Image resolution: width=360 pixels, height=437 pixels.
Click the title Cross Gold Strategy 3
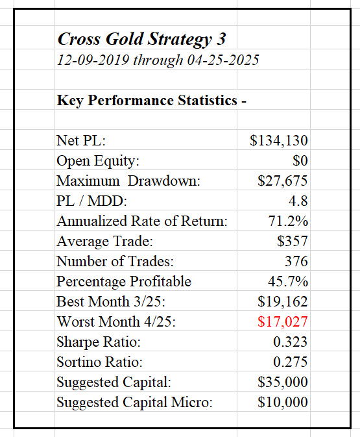pos(141,40)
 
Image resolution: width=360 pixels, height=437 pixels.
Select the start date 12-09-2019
pos(93,60)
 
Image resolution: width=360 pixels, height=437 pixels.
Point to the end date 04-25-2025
pos(223,60)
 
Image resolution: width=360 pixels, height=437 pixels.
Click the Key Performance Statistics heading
pos(152,101)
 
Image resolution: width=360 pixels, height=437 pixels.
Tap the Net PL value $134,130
pos(279,140)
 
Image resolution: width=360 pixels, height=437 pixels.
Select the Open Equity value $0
pos(300,160)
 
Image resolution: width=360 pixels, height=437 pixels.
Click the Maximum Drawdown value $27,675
pos(282,181)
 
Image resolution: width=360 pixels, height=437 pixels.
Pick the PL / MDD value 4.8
pos(298,201)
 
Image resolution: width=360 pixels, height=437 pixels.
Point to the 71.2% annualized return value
pos(288,221)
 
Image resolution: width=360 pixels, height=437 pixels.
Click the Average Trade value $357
pos(293,241)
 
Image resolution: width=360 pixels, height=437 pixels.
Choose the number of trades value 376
pos(296,262)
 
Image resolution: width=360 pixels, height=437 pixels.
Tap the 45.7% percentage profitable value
pos(288,281)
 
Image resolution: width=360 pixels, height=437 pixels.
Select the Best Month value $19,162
pos(282,301)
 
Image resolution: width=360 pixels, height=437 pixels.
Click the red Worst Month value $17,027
pos(282,321)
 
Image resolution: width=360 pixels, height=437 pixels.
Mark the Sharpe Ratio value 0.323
pos(290,342)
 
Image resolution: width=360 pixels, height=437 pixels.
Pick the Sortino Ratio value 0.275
pos(290,362)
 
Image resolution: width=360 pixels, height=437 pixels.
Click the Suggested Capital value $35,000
pos(282,382)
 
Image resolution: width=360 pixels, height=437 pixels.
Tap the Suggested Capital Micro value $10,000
pos(282,402)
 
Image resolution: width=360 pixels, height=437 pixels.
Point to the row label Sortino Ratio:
pos(99,362)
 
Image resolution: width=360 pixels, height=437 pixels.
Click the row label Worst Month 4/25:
pos(116,321)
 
